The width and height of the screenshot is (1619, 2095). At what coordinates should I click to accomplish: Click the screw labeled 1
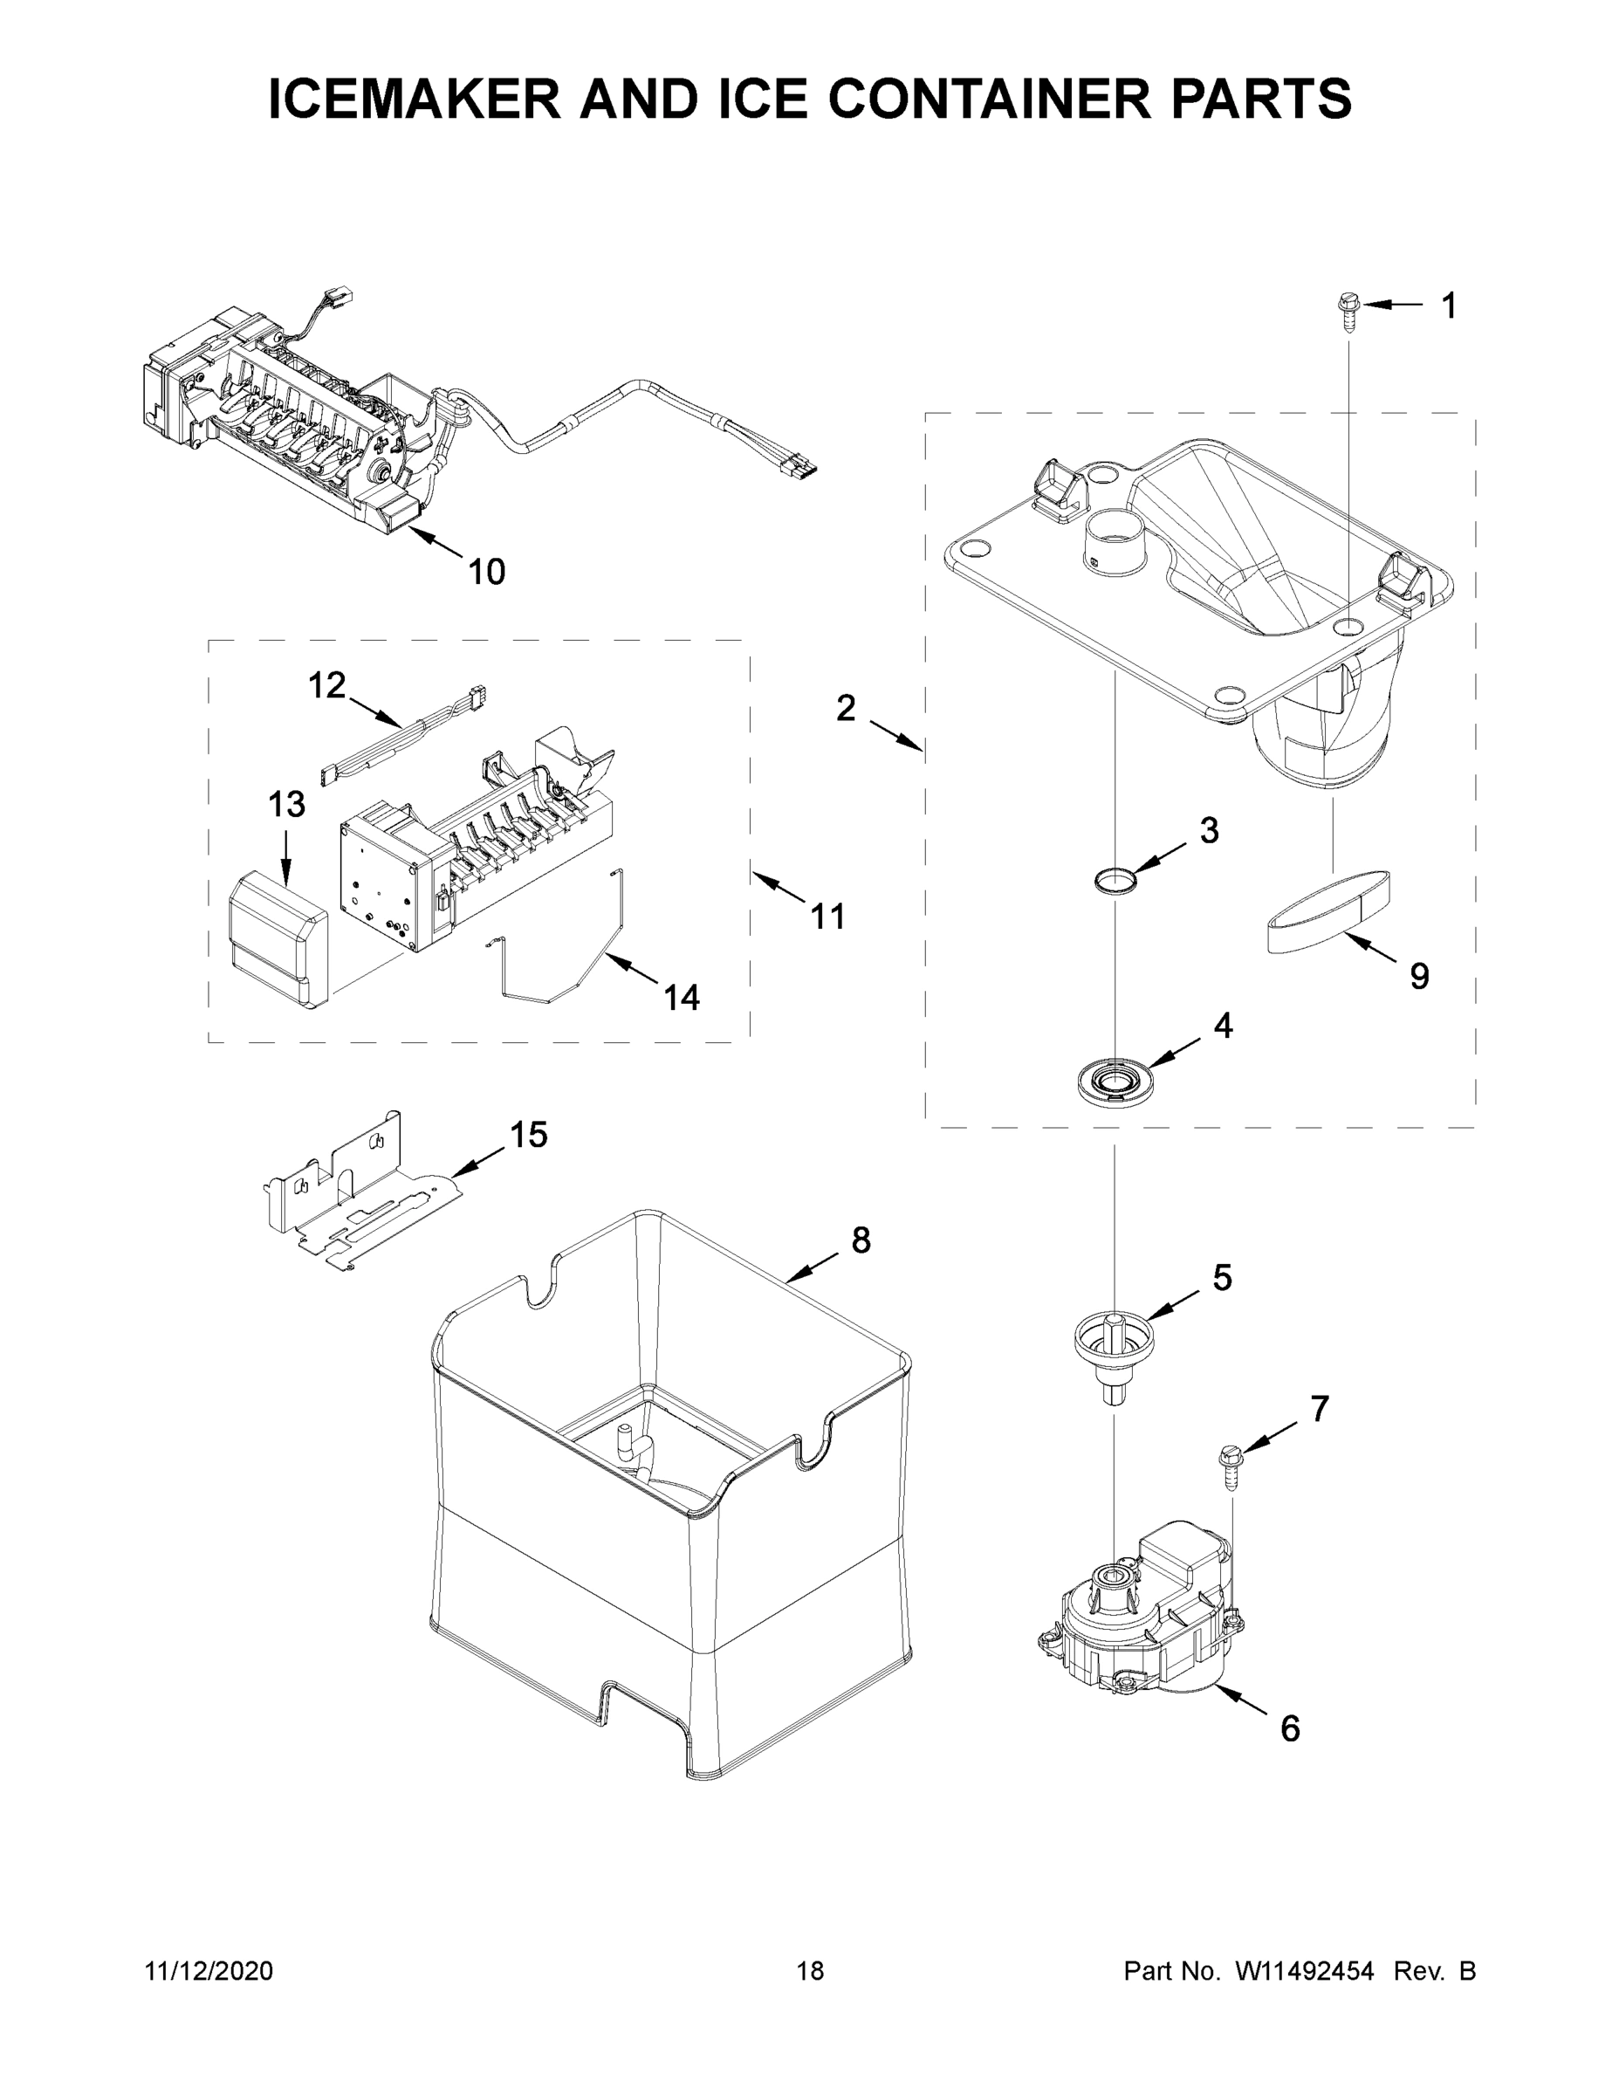[x=1347, y=313]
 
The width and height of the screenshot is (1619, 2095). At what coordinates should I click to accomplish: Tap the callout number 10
[x=486, y=573]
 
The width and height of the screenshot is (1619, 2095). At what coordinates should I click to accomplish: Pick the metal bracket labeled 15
[x=360, y=1194]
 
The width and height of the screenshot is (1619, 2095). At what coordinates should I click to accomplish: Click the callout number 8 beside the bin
[x=861, y=1240]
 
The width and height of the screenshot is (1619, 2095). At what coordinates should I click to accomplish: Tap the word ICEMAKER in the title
[x=415, y=99]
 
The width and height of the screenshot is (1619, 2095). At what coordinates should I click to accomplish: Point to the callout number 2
[x=845, y=709]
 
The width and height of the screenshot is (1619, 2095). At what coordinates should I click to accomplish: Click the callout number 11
[x=827, y=917]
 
